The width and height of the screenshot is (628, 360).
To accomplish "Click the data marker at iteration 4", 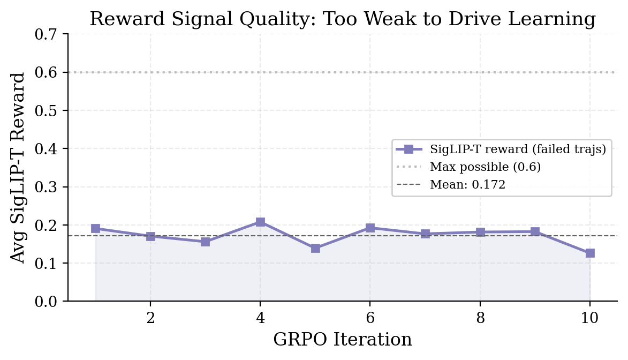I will [260, 222].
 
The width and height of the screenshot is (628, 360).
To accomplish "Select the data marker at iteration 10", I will [590, 253].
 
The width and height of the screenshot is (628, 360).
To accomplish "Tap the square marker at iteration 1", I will [95, 228].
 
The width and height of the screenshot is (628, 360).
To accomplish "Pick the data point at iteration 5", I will [315, 248].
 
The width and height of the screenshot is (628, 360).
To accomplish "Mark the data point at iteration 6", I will [370, 228].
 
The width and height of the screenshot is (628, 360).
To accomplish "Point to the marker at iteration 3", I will [205, 242].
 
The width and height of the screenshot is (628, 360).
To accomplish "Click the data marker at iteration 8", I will [480, 232].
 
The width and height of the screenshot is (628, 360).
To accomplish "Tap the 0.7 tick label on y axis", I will [49, 34].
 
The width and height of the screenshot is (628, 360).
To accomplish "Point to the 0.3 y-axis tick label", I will [49, 187].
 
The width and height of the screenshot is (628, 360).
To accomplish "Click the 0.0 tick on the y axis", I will [49, 302].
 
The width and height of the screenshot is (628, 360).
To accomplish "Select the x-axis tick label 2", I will [150, 318].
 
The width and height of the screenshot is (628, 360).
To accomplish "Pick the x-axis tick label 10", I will [590, 318].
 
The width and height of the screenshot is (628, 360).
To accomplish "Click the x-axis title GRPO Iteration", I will [343, 340].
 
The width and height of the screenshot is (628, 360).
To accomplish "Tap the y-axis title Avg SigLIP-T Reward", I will [18, 168].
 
